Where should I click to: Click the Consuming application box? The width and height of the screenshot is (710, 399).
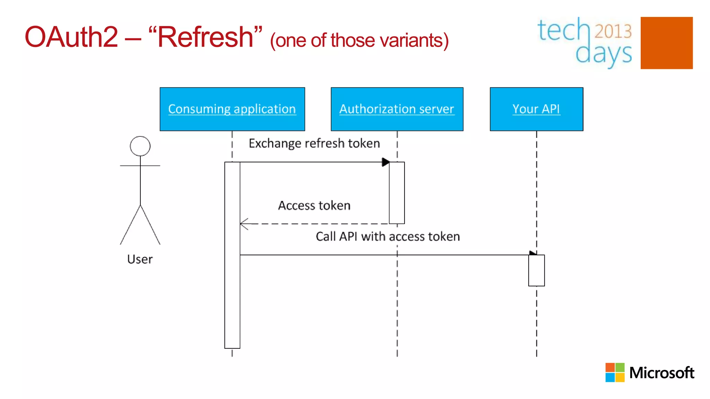(x=232, y=109)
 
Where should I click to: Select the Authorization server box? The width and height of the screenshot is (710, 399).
(x=397, y=109)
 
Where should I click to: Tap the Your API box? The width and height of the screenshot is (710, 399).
(x=536, y=109)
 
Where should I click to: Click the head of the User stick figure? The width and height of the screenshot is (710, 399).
(x=140, y=146)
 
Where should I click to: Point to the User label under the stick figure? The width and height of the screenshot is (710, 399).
(x=140, y=259)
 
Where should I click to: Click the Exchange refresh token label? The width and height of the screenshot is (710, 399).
(x=314, y=143)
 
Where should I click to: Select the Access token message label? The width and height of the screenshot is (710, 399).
(x=314, y=205)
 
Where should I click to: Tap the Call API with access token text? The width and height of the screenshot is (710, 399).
(x=388, y=236)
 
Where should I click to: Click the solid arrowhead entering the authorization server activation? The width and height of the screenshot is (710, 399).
(x=386, y=162)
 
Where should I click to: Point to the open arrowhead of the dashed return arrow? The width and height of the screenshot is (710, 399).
(x=244, y=224)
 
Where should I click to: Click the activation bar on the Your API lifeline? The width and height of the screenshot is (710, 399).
(x=536, y=271)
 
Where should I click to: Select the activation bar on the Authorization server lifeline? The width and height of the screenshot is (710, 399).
(x=397, y=193)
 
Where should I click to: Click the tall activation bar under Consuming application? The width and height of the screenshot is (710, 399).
(x=232, y=255)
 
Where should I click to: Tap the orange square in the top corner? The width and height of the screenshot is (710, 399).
(x=666, y=43)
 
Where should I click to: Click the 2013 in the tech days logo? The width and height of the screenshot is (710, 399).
(x=613, y=31)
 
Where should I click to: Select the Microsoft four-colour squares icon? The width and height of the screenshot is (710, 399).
(x=615, y=372)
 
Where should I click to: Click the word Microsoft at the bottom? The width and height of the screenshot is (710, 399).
(x=661, y=373)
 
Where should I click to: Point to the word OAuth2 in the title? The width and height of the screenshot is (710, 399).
(x=71, y=37)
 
